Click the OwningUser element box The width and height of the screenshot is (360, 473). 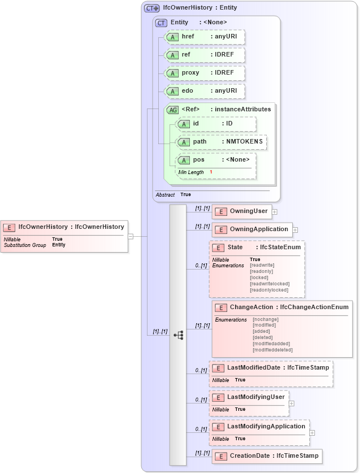pos(241,211)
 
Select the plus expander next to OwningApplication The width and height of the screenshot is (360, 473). pos(295,230)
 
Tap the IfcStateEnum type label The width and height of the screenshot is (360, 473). pos(280,248)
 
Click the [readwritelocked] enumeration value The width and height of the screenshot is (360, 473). pos(270,284)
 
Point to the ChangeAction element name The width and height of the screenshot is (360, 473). pos(252,307)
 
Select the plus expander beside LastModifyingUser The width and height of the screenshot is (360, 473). pos(292,403)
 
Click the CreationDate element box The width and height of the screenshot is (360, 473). pos(267,455)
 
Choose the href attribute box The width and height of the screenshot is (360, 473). pos(204,37)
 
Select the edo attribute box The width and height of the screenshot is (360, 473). pos(204,91)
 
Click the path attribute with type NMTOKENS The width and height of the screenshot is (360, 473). pos(221,142)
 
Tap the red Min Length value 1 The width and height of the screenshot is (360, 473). pos(211,172)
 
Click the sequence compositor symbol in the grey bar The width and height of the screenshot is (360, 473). pos(179,335)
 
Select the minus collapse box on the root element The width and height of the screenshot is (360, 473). pos(131,236)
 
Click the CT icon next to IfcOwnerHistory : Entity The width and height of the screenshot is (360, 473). pos(151,8)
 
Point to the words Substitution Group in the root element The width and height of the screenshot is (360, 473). pos(25,245)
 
